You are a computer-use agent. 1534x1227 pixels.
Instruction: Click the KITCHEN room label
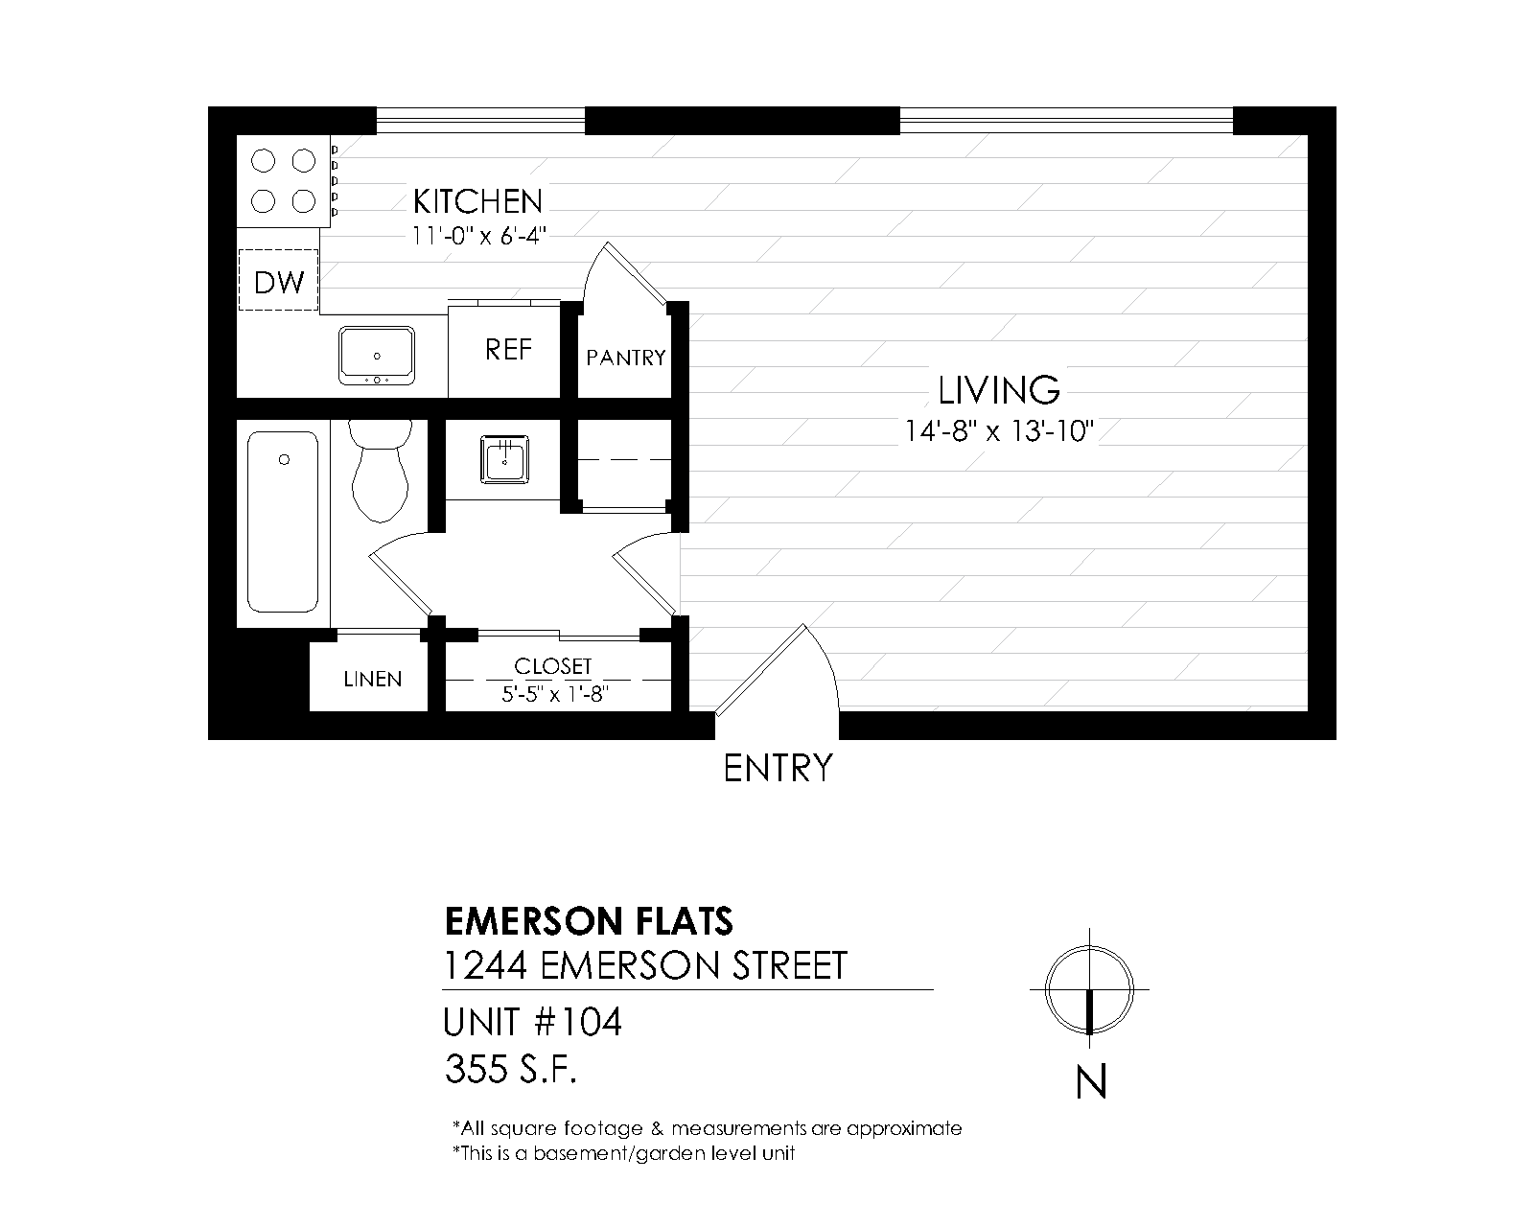(477, 201)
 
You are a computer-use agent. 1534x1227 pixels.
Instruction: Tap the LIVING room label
(999, 390)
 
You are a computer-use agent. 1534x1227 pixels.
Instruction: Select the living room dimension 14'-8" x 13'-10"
(999, 431)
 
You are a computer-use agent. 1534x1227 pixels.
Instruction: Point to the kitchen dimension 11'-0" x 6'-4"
(478, 235)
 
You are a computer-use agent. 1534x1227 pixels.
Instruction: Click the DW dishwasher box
(279, 280)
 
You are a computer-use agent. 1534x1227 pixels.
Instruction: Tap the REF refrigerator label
(508, 349)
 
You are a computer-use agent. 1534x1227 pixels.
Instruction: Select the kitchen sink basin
(377, 355)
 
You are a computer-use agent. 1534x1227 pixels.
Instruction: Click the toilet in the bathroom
(381, 471)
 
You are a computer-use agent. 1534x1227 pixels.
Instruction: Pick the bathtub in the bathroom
(282, 521)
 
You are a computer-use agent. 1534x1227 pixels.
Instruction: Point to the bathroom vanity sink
(504, 459)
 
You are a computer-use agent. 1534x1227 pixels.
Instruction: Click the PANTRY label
(626, 358)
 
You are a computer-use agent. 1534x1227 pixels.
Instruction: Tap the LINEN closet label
(373, 679)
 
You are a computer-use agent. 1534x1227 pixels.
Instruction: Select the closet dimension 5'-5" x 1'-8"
(554, 694)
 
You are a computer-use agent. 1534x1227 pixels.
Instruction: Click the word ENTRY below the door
(778, 769)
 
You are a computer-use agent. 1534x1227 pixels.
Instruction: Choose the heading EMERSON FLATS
(589, 921)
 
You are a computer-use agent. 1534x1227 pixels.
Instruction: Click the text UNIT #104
(532, 1022)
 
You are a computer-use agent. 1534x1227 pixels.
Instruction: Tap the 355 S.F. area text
(510, 1070)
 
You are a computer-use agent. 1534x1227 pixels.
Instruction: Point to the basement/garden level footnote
(624, 1153)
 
